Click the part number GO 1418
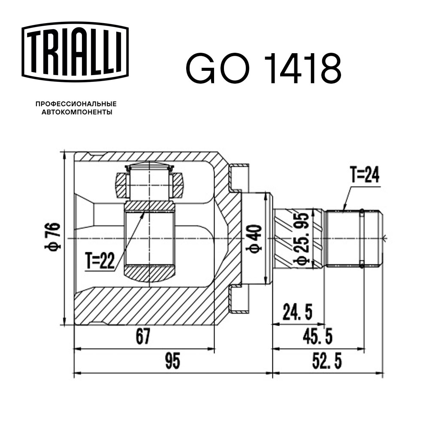point(263,69)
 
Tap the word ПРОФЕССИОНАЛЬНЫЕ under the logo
point(76,104)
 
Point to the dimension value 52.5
point(327,362)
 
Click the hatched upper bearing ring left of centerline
point(121,184)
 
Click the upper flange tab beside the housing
point(239,178)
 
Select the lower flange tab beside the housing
point(239,299)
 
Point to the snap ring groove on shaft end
point(362,238)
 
